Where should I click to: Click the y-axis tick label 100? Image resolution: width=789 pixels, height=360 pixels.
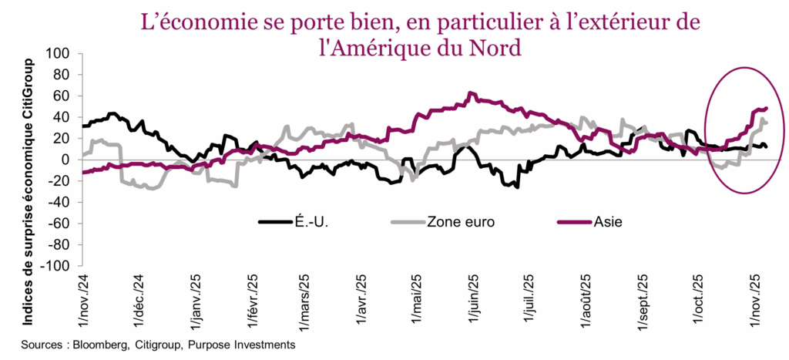59,54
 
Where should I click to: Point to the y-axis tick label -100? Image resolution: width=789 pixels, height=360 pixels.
55,266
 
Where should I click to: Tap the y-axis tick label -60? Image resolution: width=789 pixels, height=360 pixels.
59,224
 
